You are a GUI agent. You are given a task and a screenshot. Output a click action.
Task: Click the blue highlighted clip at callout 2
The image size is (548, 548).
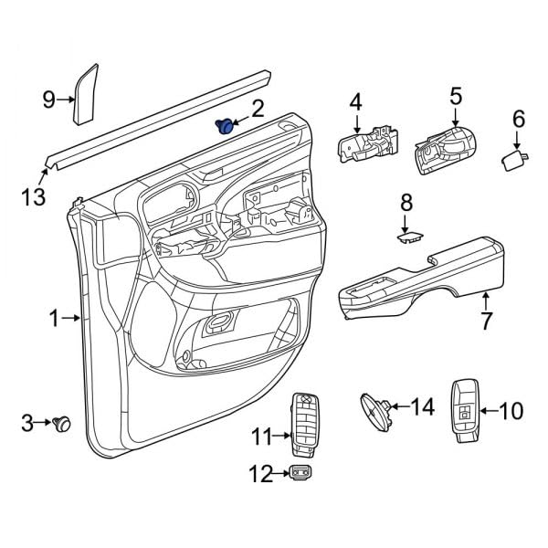point(224,127)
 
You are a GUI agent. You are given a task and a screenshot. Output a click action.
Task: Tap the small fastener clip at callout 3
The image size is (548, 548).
point(62,424)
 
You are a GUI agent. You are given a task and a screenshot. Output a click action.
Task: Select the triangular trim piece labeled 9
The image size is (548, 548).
point(85,94)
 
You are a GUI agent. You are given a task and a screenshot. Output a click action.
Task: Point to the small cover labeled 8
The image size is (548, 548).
point(410,237)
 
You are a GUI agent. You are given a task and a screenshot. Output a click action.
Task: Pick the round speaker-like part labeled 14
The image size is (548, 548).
point(375,412)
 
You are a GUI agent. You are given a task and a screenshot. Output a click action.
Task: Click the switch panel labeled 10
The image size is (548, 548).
point(465,410)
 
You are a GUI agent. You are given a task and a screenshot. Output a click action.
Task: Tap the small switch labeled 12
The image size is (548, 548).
point(300,473)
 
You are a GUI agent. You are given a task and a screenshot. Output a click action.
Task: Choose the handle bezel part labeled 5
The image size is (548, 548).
point(445,151)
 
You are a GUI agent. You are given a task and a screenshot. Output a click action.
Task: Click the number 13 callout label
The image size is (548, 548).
point(34,196)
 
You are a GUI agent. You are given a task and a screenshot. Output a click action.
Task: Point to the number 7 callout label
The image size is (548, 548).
point(487,321)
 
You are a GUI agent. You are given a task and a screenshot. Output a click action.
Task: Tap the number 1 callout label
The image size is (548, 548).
point(54,318)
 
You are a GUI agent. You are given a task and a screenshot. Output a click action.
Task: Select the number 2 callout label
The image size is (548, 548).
point(257,109)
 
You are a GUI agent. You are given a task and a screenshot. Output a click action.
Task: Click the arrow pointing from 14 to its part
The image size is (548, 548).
point(400,406)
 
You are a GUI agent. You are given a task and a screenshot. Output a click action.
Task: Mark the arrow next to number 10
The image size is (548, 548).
point(490,411)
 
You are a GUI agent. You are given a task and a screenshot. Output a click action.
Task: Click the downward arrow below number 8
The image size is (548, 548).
point(406,223)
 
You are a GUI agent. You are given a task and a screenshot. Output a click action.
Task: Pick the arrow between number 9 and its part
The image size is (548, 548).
point(66,100)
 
